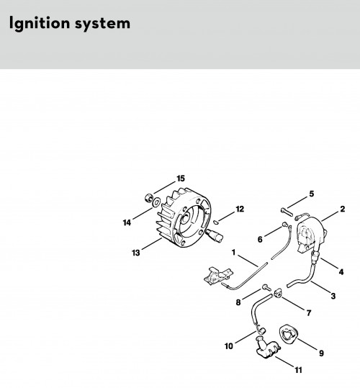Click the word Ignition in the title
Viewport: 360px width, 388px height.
[40, 24]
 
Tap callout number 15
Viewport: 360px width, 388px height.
[181, 179]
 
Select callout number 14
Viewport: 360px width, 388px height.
[127, 222]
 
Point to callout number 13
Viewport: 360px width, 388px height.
[136, 253]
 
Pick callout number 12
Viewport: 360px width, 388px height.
[240, 209]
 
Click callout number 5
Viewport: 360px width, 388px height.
[312, 194]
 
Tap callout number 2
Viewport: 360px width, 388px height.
[342, 209]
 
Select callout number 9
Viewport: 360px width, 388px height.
[321, 353]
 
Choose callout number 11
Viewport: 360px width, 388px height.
[298, 370]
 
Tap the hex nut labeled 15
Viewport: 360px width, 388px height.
[148, 198]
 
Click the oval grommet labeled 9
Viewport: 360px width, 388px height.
[288, 334]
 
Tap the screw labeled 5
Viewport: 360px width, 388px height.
[287, 212]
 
